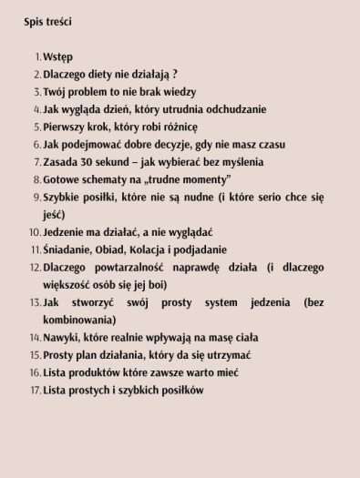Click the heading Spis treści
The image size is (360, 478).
tap(48, 21)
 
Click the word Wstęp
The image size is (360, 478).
tap(57, 57)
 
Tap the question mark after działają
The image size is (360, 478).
tap(174, 75)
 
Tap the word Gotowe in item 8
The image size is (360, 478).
tap(62, 179)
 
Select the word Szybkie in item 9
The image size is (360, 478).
tap(64, 197)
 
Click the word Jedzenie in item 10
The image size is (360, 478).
tap(66, 232)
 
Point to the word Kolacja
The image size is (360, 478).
tap(157, 249)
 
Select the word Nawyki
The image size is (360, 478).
tap(62, 337)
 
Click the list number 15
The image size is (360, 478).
tap(36, 355)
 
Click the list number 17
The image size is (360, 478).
tap(36, 390)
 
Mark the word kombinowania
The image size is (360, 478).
tap(79, 320)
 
